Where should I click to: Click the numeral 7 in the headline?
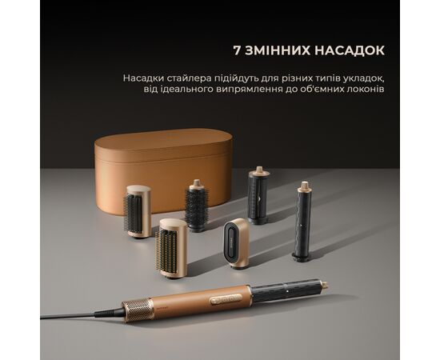tap(237, 50)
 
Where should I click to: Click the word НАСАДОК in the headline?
tap(350, 50)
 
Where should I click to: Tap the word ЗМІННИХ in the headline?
tap(278, 50)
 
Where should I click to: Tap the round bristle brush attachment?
tap(197, 206)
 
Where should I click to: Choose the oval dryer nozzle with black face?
tap(236, 242)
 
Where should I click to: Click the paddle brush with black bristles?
tap(137, 212)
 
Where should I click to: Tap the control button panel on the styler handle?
tap(226, 299)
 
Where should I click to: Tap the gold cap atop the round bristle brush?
tap(197, 183)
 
